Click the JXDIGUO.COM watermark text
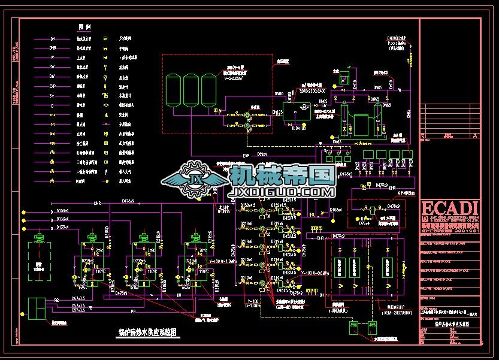282,192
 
